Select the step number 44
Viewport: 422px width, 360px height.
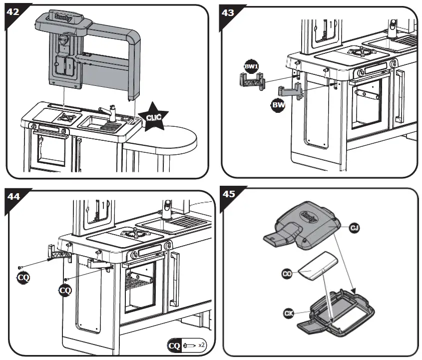[13, 197]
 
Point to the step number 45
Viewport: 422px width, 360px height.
[229, 194]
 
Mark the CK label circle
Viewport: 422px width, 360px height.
[289, 313]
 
